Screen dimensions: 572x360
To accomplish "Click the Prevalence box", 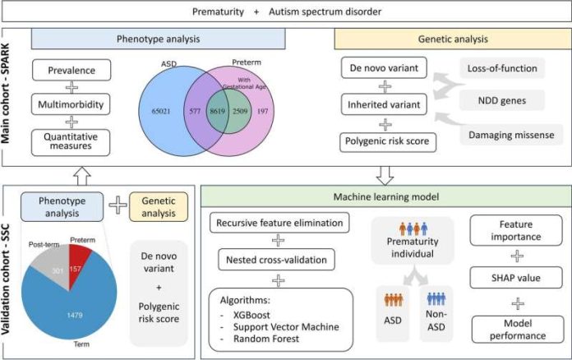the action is click(71, 70).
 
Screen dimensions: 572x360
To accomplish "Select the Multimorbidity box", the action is click(71, 104).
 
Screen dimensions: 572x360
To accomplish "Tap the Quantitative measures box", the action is click(71, 142).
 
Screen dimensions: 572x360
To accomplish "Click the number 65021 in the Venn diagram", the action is click(161, 111).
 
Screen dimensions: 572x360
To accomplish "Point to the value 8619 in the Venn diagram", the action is click(218, 111).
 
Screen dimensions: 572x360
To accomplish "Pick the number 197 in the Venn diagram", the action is click(263, 111).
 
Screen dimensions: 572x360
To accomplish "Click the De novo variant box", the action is click(384, 68).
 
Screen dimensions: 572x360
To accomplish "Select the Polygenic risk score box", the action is click(387, 141).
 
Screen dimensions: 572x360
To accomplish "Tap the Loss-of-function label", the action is click(502, 68).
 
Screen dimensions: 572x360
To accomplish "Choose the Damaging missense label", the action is click(511, 135).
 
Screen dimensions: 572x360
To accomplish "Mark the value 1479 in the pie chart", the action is click(75, 315).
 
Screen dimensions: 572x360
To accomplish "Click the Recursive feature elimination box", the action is click(279, 223).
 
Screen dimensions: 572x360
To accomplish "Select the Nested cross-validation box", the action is click(276, 260).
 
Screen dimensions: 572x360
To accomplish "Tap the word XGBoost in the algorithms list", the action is click(251, 315).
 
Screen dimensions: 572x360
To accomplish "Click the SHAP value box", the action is click(516, 278).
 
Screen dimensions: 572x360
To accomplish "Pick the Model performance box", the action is click(518, 330).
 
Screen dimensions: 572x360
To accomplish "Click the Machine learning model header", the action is click(386, 197).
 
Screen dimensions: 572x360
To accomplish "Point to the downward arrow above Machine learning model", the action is click(385, 176).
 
